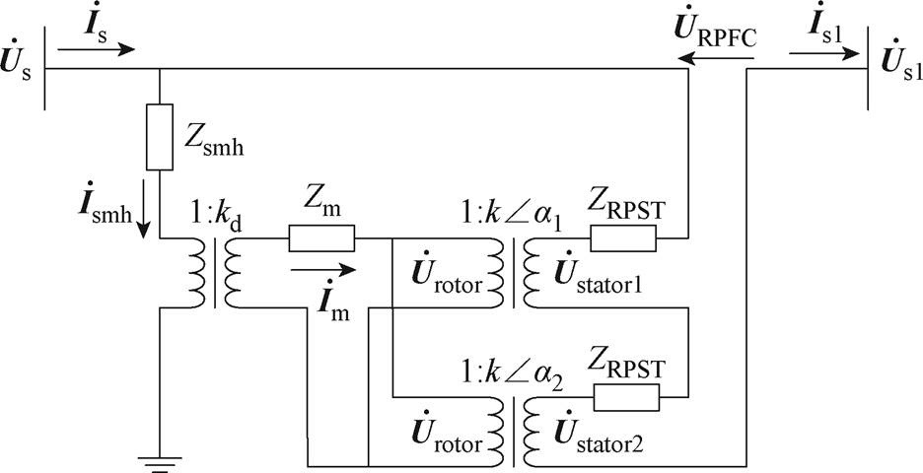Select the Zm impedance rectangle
pyautogui.click(x=321, y=237)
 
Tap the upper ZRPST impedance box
pyautogui.click(x=622, y=237)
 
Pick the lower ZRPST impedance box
pyautogui.click(x=625, y=397)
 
